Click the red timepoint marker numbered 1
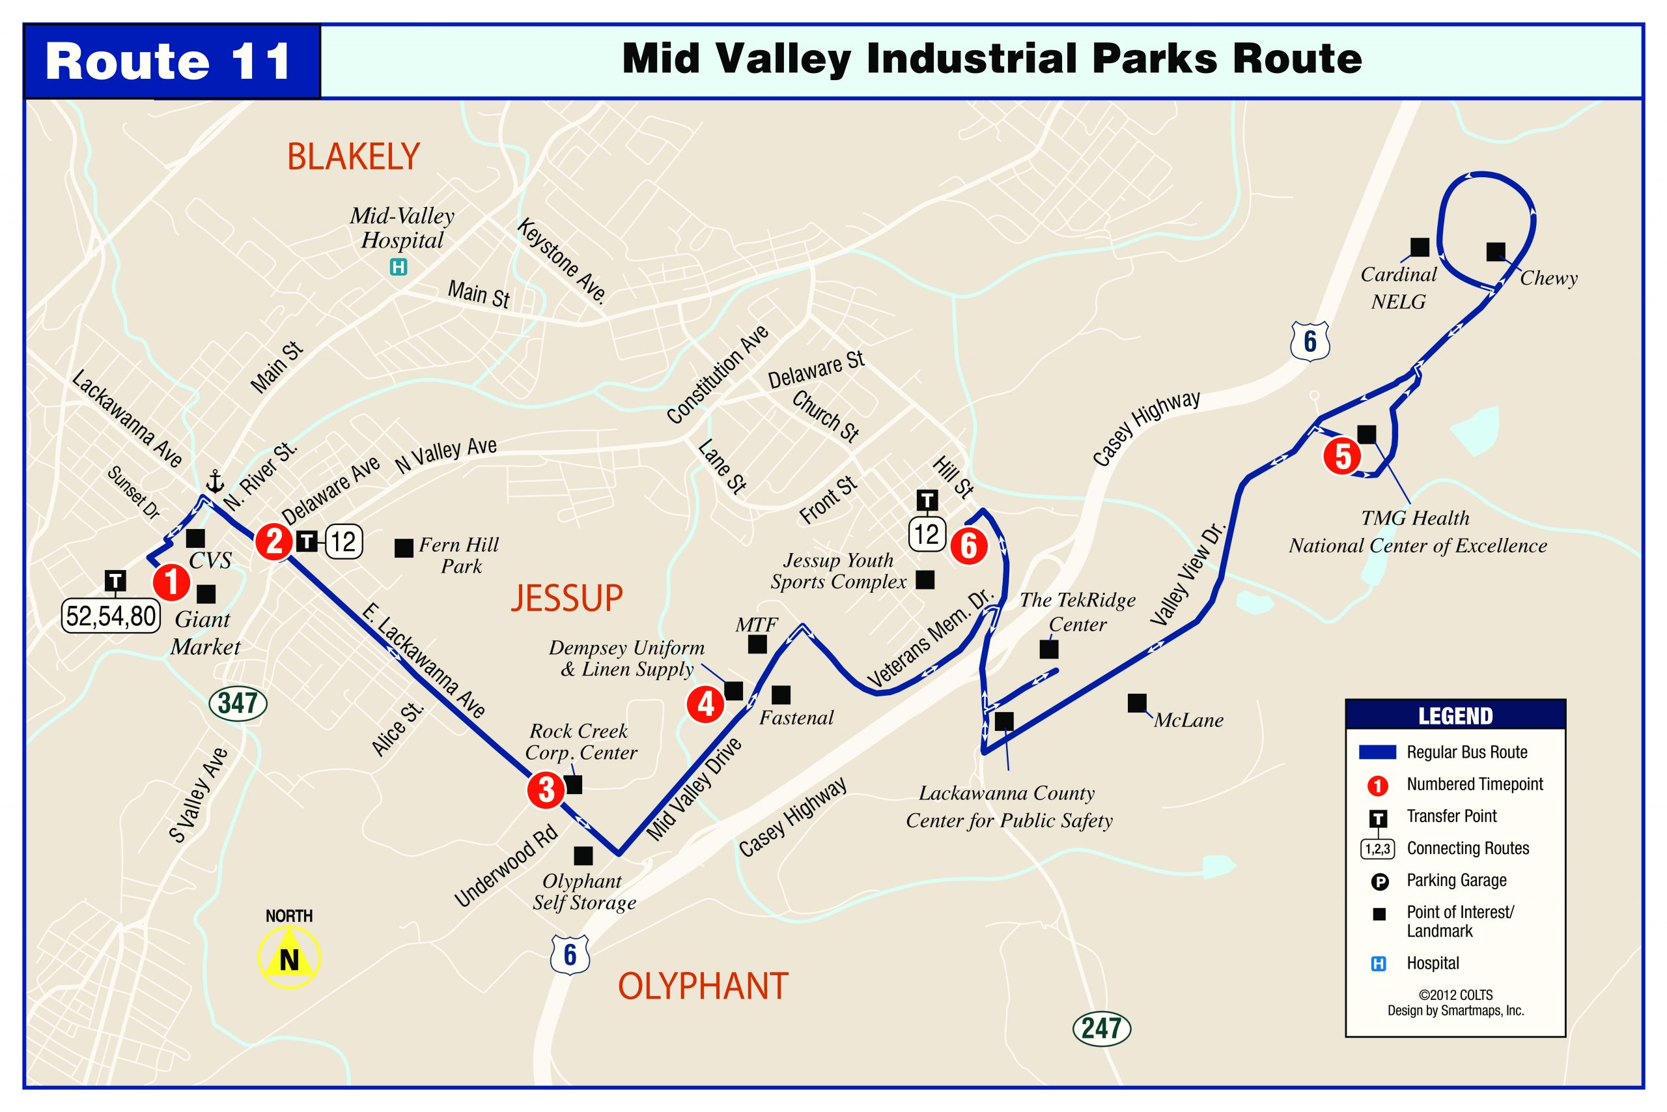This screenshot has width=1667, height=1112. (171, 583)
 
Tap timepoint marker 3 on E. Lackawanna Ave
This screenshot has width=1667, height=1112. (546, 790)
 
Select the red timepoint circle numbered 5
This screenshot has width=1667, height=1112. (1342, 456)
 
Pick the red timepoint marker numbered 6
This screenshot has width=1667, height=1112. (969, 546)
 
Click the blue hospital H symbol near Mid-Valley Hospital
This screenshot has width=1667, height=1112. (399, 267)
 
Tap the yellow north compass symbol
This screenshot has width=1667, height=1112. (288, 958)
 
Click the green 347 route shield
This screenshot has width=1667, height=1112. (238, 703)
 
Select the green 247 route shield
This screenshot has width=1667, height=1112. (1100, 1027)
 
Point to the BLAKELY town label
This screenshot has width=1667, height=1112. (353, 157)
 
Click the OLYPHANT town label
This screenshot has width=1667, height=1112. (703, 986)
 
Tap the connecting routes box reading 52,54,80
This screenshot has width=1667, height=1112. (111, 616)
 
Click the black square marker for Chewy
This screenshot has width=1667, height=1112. (1496, 251)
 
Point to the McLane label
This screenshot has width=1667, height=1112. (1188, 720)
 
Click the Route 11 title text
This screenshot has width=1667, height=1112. (169, 62)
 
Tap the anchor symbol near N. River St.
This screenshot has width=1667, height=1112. (214, 483)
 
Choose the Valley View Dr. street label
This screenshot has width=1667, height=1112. (1188, 575)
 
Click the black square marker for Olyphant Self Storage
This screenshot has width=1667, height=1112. (583, 856)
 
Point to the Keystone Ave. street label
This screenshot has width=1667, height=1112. (562, 261)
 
